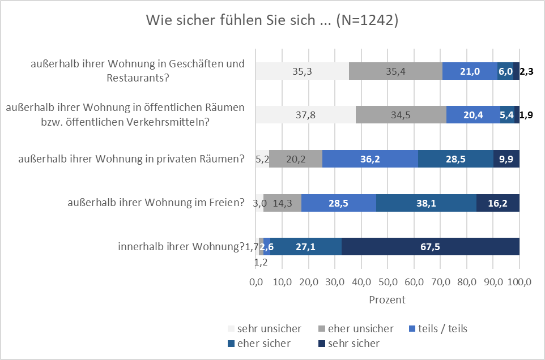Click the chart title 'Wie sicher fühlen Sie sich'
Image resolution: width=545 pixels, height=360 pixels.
click(272, 20)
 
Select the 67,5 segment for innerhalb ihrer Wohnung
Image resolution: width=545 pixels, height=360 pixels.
click(431, 247)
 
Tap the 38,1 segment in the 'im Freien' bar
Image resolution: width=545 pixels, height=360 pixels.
click(426, 203)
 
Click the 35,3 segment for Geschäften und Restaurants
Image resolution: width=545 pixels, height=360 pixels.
click(302, 71)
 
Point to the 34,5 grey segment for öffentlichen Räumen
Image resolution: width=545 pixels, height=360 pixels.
click(401, 114)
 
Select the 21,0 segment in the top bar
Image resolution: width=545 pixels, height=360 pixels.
click(470, 71)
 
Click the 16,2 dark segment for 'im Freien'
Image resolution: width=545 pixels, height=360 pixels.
click(498, 203)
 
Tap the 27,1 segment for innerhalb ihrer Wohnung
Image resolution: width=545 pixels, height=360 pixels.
click(306, 247)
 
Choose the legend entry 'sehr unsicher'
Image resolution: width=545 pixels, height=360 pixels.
click(264, 329)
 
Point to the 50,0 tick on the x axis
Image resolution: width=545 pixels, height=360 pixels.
click(388, 282)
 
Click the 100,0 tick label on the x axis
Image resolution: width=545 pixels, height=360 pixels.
click(520, 282)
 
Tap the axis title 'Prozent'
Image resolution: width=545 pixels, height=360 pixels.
click(388, 299)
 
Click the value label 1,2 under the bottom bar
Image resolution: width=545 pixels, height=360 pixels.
click(261, 263)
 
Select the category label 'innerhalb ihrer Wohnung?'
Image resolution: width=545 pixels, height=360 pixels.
click(181, 247)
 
